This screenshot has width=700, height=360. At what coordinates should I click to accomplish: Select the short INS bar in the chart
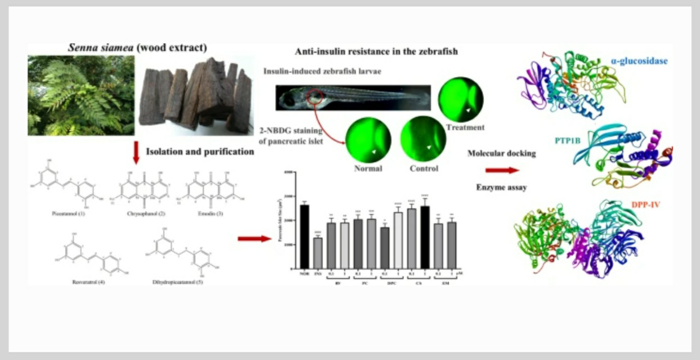[x=318, y=252]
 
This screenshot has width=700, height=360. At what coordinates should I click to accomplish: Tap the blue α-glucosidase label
[x=639, y=62]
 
